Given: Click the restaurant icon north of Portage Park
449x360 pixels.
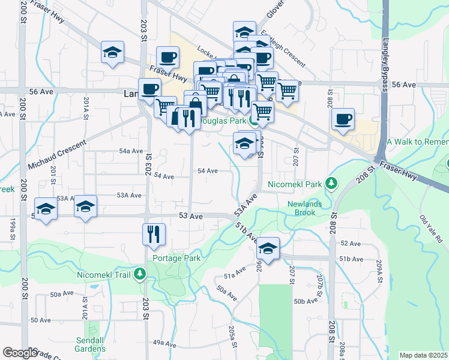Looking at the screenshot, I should click(x=154, y=233).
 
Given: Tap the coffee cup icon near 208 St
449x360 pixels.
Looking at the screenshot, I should click(x=343, y=119).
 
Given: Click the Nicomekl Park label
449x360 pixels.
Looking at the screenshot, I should click(x=295, y=182).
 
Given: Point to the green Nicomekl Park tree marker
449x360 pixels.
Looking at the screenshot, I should click(x=330, y=182).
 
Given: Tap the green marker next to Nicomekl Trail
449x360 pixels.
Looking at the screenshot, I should click(x=140, y=275).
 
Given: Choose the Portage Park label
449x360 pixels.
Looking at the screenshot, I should click(x=176, y=258).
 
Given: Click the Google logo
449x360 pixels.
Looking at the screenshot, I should click(x=20, y=352).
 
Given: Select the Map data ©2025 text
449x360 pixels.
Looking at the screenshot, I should click(x=424, y=355).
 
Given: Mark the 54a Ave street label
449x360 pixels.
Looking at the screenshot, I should click(x=131, y=151).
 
